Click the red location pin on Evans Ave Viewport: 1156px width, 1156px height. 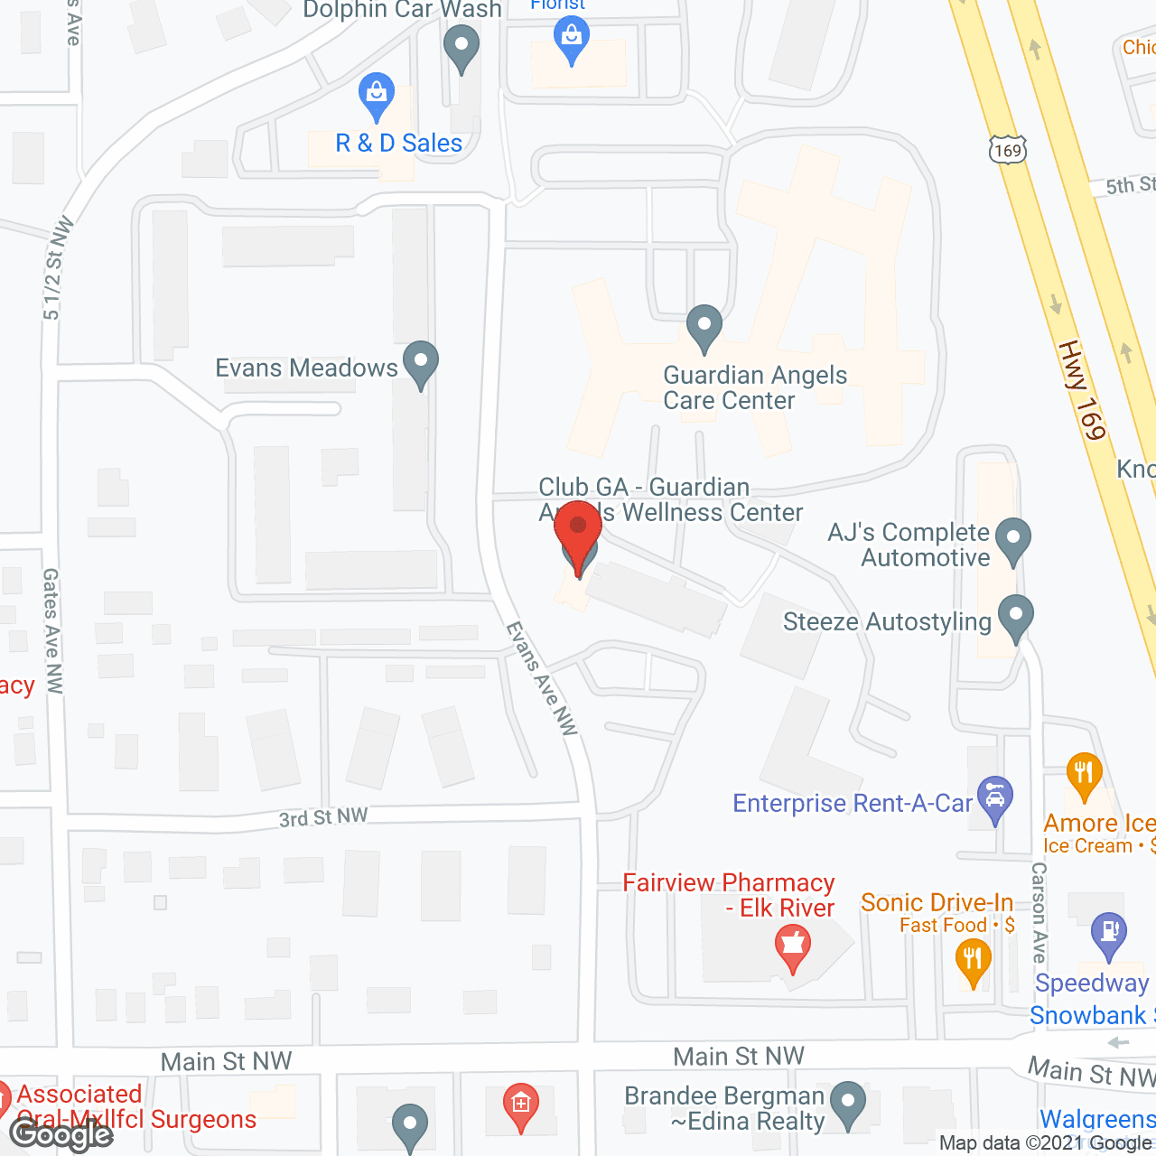578,533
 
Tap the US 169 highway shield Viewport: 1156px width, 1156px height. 1007,149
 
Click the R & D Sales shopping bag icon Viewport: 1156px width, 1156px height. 376,93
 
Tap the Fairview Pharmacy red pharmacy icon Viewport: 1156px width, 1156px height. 792,948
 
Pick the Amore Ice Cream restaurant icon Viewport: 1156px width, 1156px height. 1084,774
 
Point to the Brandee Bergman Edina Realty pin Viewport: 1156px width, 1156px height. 847,1103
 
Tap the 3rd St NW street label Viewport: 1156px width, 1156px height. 323,817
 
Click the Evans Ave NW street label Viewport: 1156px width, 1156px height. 541,678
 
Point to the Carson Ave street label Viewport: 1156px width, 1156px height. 1039,912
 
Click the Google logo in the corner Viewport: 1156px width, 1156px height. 61,1133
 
